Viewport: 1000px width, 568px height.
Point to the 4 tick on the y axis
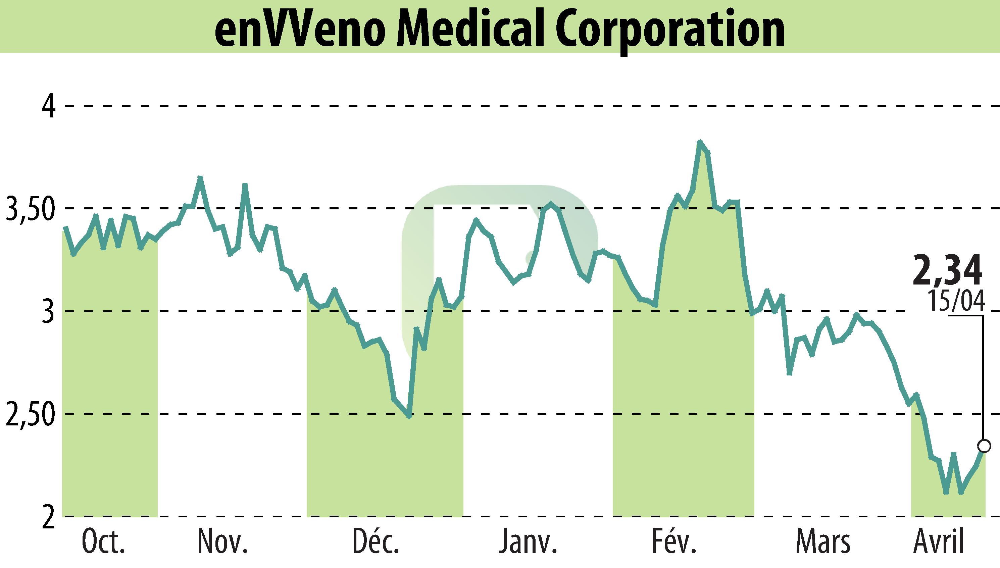pos(48,106)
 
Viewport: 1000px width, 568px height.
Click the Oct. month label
pos(104,543)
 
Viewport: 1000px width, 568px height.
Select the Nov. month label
pos(223,543)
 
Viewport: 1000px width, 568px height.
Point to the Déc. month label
pos(376,543)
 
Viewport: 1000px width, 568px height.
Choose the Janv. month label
pos(528,543)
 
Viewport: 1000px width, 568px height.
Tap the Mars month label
pos(823,543)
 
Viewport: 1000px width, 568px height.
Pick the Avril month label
pos(939,543)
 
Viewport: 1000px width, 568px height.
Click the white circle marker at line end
pos(984,446)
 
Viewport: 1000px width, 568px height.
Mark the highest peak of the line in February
pos(700,142)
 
